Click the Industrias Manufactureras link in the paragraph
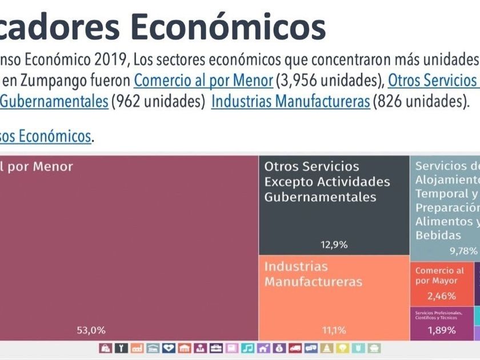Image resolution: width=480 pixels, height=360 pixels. point(290,102)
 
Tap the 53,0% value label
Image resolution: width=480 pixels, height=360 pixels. point(91,330)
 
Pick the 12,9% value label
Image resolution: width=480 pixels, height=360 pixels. point(334,245)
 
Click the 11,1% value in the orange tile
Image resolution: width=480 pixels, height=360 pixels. point(334,330)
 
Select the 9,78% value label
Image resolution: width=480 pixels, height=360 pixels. point(463,250)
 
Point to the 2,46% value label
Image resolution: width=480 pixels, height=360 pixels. point(442,296)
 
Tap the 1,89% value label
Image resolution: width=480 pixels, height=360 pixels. point(442,330)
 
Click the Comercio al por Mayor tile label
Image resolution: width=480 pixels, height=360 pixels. point(439,275)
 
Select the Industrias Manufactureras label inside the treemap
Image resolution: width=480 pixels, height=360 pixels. point(313,274)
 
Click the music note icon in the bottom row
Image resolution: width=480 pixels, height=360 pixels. point(247,348)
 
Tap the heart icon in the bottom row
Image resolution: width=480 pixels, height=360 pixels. point(169,348)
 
